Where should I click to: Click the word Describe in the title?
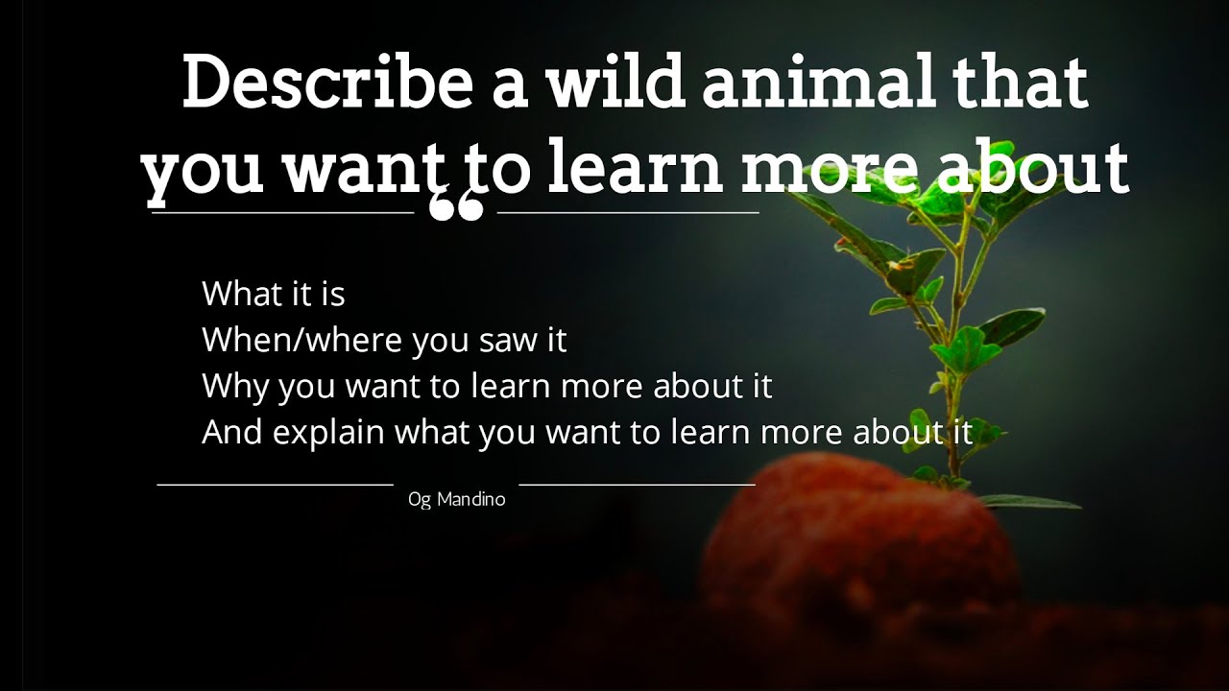pyautogui.click(x=327, y=83)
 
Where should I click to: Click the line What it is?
pyautogui.click(x=274, y=294)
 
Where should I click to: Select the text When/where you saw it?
pyautogui.click(x=384, y=340)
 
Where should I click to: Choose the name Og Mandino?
pyautogui.click(x=456, y=500)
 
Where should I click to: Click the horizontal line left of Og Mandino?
pyautogui.click(x=275, y=485)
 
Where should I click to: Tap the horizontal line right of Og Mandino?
pyautogui.click(x=637, y=485)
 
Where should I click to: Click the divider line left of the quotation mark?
pyautogui.click(x=282, y=212)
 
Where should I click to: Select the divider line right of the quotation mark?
pyautogui.click(x=628, y=212)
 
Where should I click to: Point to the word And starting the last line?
pyautogui.click(x=232, y=433)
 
